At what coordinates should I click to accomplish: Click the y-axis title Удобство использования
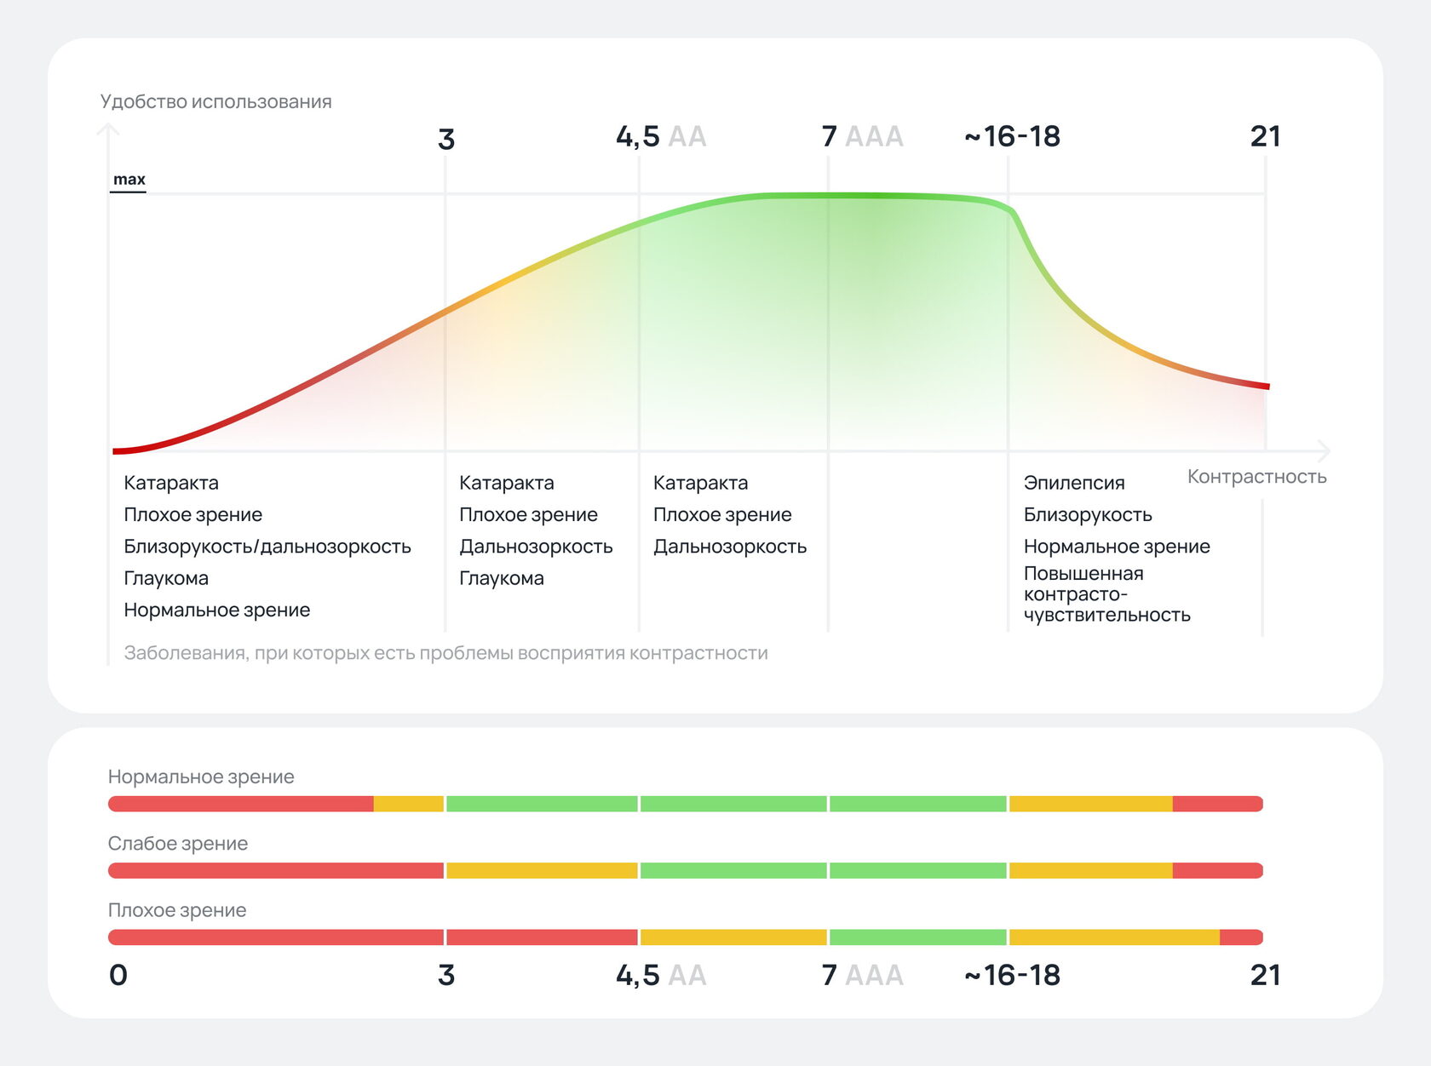coord(216,101)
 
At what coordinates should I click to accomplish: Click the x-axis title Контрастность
coord(1256,477)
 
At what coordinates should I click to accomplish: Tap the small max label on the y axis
coord(129,179)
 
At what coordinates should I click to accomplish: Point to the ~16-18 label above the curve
coord(1012,136)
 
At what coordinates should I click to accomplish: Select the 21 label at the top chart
coord(1265,136)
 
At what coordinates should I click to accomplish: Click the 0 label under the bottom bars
coord(118,975)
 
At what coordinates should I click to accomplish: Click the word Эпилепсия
coord(1073,483)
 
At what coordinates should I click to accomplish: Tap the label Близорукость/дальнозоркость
coord(267,547)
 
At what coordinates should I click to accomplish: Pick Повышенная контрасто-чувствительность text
coord(1106,594)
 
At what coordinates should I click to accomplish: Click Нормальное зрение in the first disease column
coord(216,610)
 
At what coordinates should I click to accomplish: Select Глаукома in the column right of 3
coord(501,578)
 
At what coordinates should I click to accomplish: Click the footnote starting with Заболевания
coord(445,653)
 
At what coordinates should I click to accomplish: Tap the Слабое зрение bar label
coord(177,844)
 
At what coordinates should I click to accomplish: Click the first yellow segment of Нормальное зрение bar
coord(408,804)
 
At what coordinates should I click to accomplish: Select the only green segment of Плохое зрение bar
coord(917,937)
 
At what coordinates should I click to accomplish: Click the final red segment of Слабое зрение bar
coord(1216,870)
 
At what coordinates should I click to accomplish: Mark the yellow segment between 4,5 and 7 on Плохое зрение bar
coord(733,937)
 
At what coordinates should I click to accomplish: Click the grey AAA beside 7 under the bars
coord(874,975)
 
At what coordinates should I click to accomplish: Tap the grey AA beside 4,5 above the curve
coord(687,136)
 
